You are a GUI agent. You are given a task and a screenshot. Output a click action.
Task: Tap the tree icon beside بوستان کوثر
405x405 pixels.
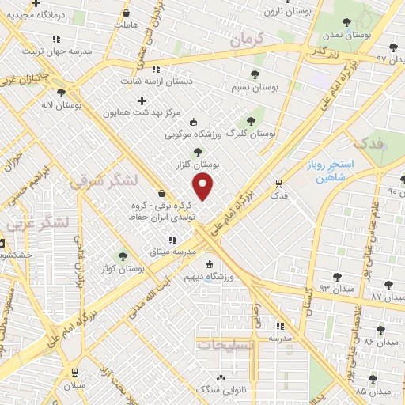pos(122,255)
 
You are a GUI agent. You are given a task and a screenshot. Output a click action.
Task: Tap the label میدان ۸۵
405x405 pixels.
pos(373,392)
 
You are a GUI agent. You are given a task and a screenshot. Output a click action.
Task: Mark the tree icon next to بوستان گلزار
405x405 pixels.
pos(197,152)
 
